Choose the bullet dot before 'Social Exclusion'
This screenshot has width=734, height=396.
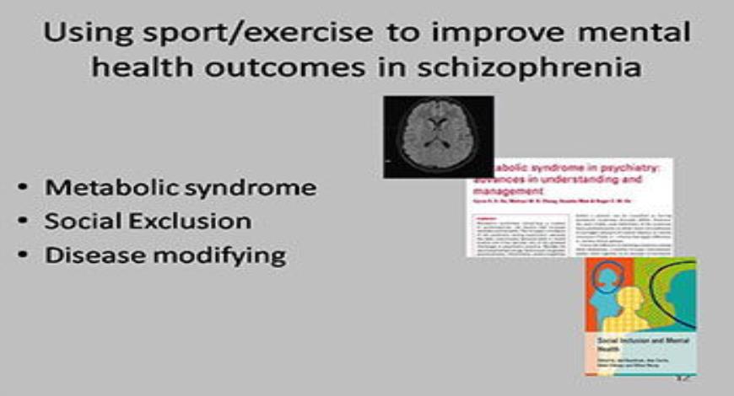[x=26, y=222]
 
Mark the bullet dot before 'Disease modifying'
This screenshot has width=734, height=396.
[x=26, y=255]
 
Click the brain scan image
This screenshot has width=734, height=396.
[x=438, y=136]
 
